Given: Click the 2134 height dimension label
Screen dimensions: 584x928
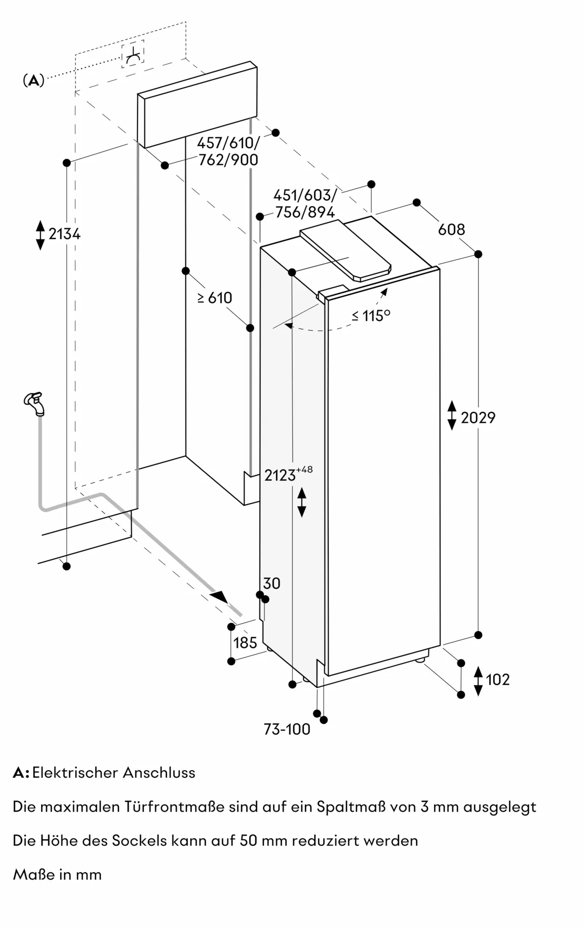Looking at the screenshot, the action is pos(64,234).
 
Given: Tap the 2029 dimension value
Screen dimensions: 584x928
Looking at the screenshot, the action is pos(478,418).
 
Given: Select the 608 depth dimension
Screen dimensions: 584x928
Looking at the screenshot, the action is pos(451,229).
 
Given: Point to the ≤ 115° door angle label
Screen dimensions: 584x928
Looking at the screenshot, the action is pos(371,316).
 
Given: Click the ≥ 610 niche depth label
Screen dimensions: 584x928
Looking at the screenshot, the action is pos(215,298).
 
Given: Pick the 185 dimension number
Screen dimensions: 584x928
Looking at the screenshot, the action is pos(245,643).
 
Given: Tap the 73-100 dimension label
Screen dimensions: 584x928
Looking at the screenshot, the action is pos(287,729).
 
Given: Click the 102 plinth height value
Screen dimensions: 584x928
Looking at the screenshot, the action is pos(498,679).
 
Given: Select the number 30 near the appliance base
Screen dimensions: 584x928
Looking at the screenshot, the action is pos(272,583).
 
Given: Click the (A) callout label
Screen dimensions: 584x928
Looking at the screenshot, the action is pos(33,81).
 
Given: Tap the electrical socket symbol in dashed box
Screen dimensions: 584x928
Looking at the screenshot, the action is pos(133,54).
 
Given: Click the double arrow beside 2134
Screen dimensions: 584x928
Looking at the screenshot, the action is pos(40,235).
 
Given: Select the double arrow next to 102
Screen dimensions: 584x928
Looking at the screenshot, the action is pos(478,681).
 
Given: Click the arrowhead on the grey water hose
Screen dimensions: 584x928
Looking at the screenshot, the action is pos(219,597).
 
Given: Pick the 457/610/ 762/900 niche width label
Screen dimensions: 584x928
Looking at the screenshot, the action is pos(228,151).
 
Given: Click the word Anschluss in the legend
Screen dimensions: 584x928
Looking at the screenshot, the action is pos(159,773).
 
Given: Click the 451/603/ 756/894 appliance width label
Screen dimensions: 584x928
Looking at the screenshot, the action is pos(305,204).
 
